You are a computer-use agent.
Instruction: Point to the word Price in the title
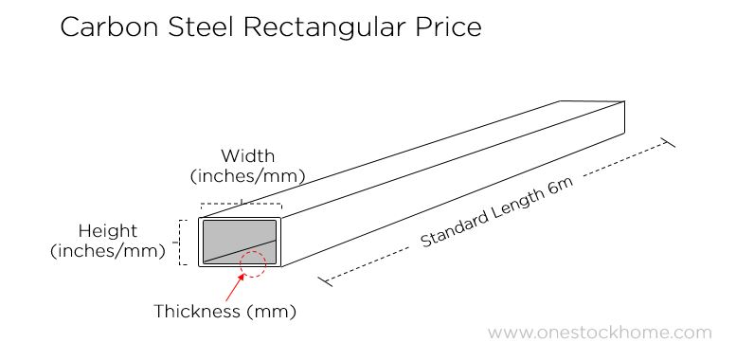[446, 27]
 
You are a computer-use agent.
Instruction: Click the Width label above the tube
[247, 155]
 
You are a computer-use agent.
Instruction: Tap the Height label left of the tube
[108, 231]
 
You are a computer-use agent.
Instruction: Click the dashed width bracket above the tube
[241, 205]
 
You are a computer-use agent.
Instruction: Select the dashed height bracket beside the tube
[183, 242]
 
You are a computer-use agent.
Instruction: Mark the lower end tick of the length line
[326, 280]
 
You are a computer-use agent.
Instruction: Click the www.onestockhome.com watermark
[600, 333]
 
